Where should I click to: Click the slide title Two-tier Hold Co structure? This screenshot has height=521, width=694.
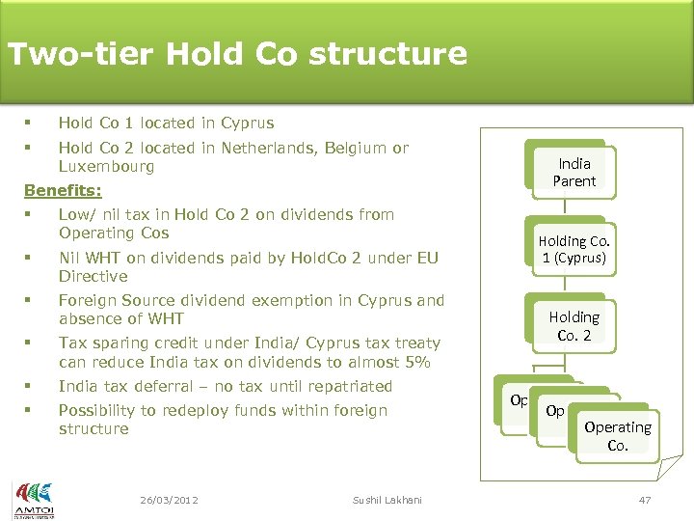(237, 53)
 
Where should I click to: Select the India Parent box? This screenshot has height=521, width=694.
(574, 172)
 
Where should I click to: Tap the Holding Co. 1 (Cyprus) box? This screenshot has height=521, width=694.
(574, 249)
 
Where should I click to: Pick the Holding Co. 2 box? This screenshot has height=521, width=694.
(574, 326)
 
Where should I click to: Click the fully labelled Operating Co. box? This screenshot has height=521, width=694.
(617, 436)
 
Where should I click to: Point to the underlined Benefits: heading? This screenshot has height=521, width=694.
(63, 190)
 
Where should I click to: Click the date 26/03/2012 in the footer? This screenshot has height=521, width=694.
(169, 500)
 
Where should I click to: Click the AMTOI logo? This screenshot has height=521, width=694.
(33, 498)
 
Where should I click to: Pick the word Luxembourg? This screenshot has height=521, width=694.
(106, 167)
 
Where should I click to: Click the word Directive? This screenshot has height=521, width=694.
(93, 276)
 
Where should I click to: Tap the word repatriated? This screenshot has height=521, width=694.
(342, 387)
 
